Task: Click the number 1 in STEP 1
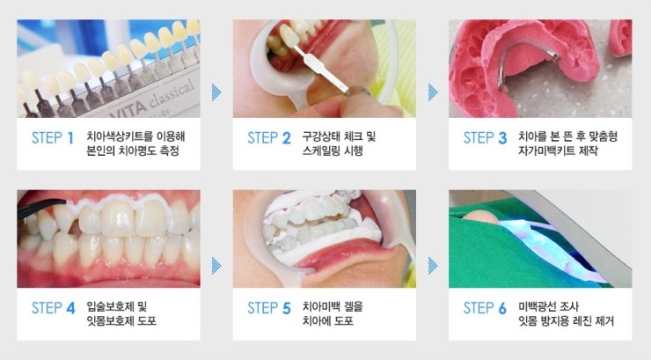pos(70,138)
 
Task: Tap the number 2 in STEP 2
pos(287,138)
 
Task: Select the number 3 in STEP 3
pos(502,138)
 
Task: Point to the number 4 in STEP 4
pos(70,308)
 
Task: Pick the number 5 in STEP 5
pos(287,308)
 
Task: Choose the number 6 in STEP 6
pos(502,308)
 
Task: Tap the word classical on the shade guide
pos(172,93)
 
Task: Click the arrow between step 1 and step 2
pos(216,92)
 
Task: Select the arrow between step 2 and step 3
pos(433,92)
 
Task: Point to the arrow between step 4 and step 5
pos(216,265)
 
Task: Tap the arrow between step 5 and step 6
pos(433,265)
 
